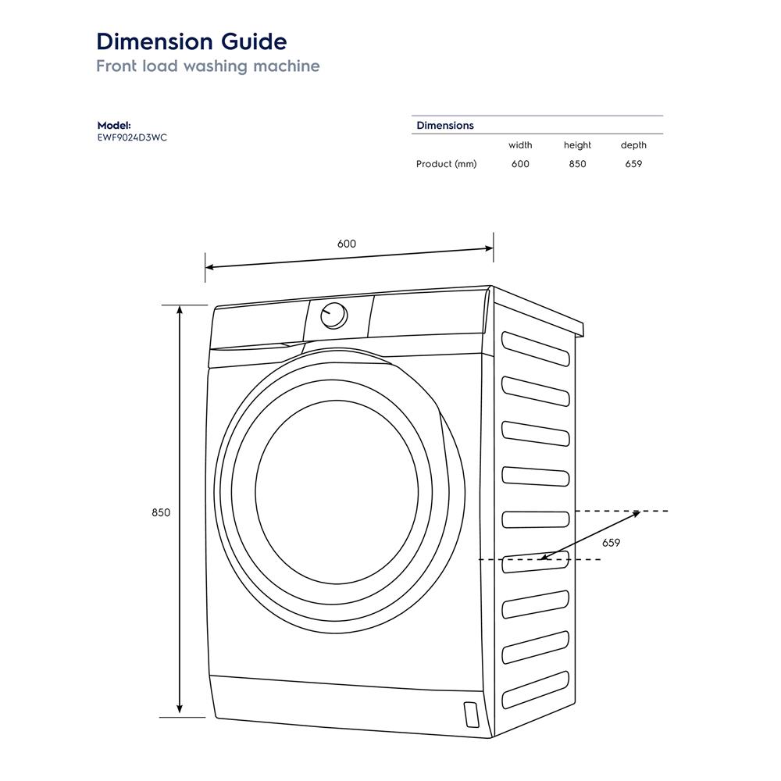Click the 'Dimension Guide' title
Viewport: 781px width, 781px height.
point(191,41)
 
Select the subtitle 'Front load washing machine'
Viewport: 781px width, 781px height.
point(208,66)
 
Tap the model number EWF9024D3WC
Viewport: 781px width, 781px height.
point(132,137)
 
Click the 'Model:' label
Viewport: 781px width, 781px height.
point(114,125)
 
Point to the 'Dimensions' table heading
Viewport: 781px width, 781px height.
point(445,125)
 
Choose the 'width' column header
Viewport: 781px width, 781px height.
point(520,145)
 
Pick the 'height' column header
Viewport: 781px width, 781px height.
point(577,145)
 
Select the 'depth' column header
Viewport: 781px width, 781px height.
point(633,145)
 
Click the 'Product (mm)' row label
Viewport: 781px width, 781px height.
point(446,164)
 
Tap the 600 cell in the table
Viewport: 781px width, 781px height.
point(520,164)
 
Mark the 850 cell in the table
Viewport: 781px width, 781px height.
point(577,164)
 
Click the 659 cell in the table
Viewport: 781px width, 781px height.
point(633,164)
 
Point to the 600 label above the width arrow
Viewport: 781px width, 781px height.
point(347,244)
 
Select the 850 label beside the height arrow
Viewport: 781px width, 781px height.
point(161,512)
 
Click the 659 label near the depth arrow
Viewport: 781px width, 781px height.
point(612,543)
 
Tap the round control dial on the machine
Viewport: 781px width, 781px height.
point(334,315)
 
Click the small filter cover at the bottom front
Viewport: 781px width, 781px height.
point(470,714)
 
